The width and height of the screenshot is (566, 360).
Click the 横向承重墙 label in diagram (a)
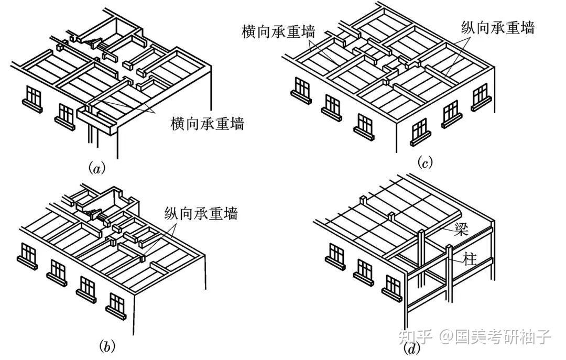pyautogui.click(x=207, y=124)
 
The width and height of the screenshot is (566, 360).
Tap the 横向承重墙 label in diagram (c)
pyautogui.click(x=278, y=32)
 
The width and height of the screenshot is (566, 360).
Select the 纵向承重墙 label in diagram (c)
pyautogui.click(x=498, y=27)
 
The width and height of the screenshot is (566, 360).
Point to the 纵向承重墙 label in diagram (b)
pyautogui.click(x=201, y=213)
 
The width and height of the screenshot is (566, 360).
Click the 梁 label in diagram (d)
pyautogui.click(x=461, y=229)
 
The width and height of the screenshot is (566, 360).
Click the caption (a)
pyautogui.click(x=96, y=168)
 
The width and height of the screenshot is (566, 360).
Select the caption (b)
pyautogui.click(x=107, y=346)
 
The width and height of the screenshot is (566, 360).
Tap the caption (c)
pyautogui.click(x=424, y=162)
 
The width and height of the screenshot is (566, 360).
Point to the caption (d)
pyautogui.click(x=412, y=349)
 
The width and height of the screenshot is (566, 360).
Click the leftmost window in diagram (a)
pyautogui.click(x=32, y=99)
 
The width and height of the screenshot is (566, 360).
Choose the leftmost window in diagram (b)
pyautogui.click(x=27, y=256)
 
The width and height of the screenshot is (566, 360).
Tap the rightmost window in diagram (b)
pyautogui.click(x=116, y=306)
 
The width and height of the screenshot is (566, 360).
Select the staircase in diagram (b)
pyautogui.click(x=94, y=213)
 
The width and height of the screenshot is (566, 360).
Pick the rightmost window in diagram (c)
pyautogui.click(x=481, y=97)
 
